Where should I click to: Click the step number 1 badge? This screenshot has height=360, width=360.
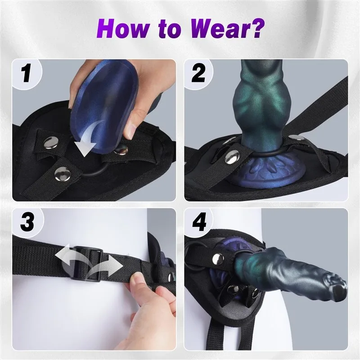26,73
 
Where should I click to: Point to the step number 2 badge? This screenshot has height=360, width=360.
198,73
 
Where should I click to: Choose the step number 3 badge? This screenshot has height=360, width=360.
27,222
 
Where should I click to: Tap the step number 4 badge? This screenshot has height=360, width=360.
199,222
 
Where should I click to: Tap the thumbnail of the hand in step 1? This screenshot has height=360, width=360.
131,130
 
